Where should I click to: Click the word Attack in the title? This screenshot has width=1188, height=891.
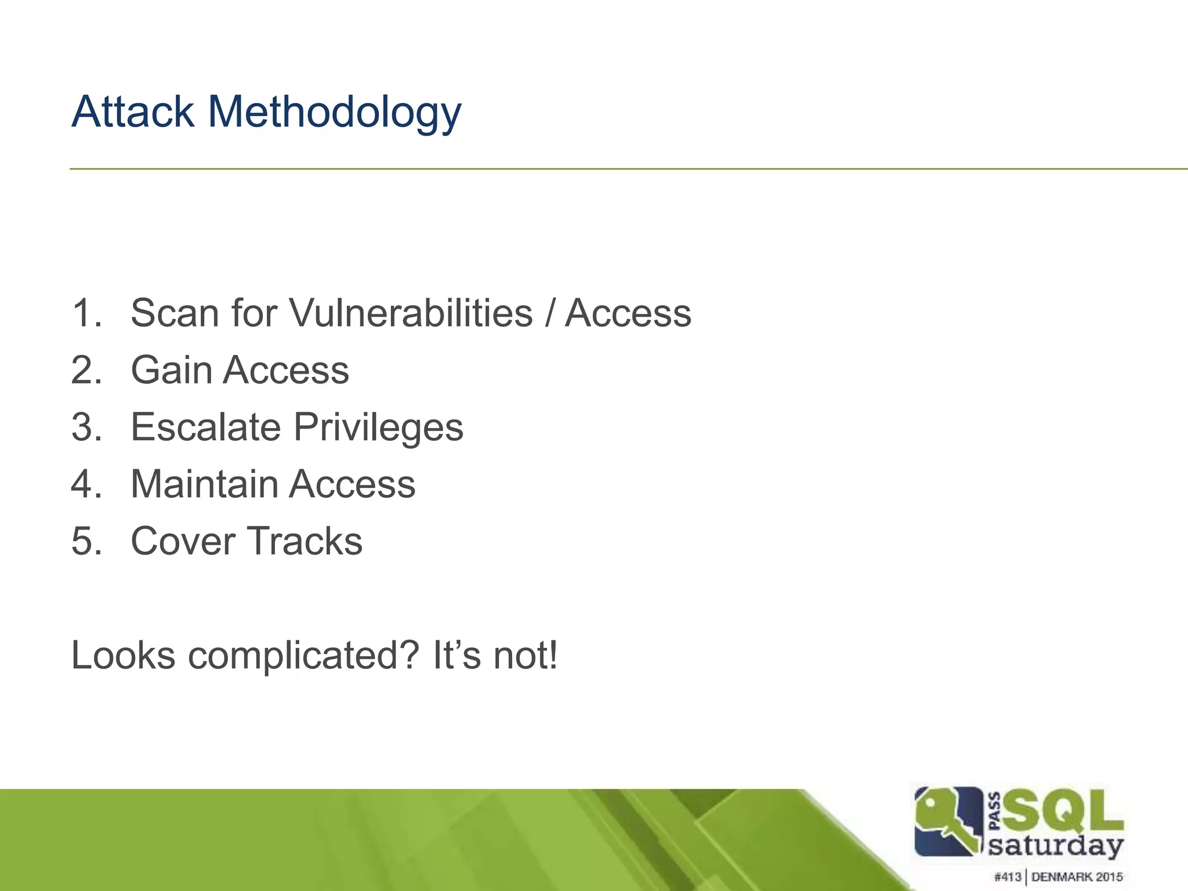point(133,111)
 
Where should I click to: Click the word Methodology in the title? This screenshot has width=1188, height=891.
point(334,113)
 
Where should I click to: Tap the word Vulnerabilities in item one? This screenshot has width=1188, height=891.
point(410,313)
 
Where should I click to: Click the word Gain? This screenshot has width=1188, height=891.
point(171,370)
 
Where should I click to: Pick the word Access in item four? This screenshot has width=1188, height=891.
point(352,484)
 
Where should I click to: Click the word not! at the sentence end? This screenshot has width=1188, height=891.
point(526,655)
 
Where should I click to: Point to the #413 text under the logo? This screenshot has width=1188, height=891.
point(1007,876)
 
